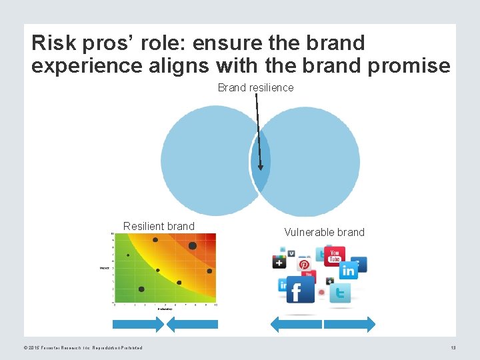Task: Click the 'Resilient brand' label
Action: (x=159, y=226)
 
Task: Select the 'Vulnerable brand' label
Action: (x=324, y=232)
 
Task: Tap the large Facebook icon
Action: (x=300, y=289)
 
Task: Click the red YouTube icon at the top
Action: (x=335, y=256)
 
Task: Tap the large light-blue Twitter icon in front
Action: (x=340, y=293)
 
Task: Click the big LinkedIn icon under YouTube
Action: (x=348, y=271)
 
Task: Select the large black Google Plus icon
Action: (x=279, y=261)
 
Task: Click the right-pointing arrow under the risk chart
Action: (x=138, y=324)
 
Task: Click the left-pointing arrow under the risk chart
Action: (x=192, y=324)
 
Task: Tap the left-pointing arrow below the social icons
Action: (x=295, y=324)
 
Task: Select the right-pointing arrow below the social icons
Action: (x=349, y=324)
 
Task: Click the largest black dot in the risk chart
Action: (x=193, y=245)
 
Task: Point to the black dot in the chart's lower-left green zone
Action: (x=141, y=289)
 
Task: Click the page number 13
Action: (x=453, y=347)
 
